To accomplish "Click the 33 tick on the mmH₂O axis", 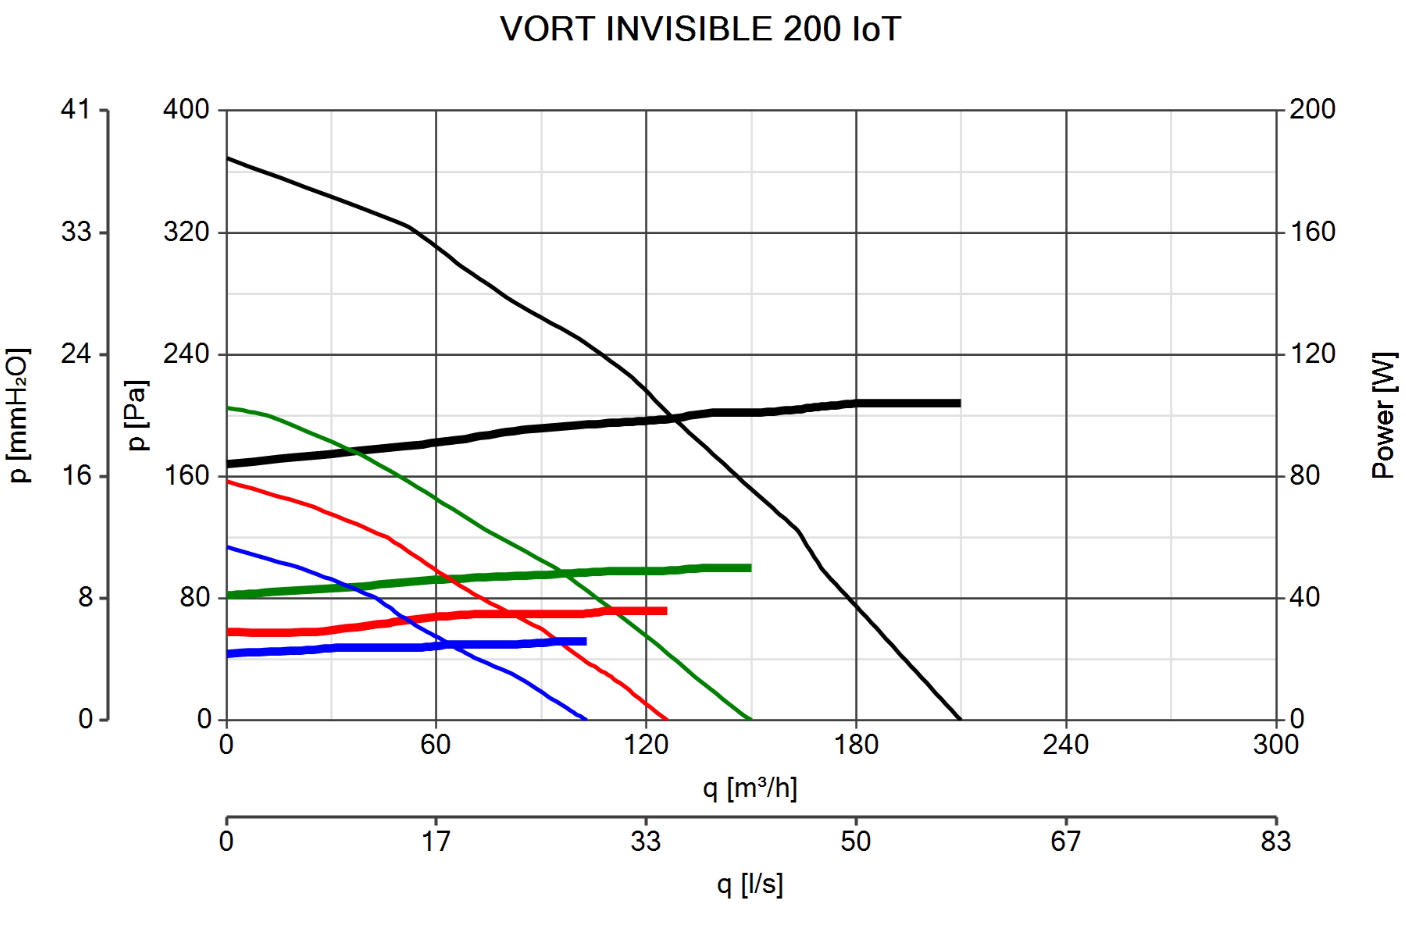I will click(x=76, y=232).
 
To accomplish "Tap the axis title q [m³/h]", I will click(x=749, y=788).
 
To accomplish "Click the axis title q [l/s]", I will click(x=749, y=884).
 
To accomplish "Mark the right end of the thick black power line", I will click(x=960, y=403).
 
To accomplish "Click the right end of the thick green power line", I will click(x=750, y=568).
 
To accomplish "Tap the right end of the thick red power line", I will click(x=666, y=611).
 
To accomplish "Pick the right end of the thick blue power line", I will click(x=585, y=641).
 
